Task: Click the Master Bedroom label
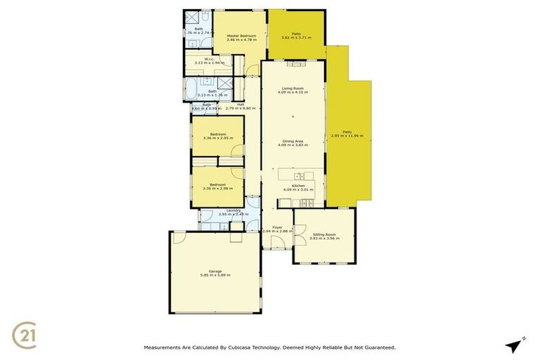[x=241, y=36]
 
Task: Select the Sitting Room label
[x=324, y=234]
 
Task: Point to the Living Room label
[x=292, y=89]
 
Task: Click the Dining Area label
[x=292, y=141]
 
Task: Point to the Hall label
[x=240, y=105]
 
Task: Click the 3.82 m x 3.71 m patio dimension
[x=296, y=37]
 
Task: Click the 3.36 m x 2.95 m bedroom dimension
[x=218, y=138]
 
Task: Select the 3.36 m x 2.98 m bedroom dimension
[x=218, y=188]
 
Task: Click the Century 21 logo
[x=26, y=334]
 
